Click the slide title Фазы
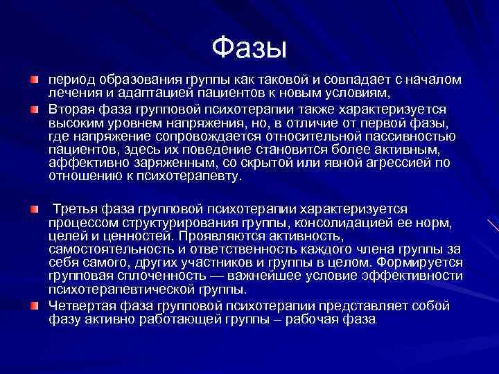(249, 48)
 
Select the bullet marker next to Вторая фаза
(34, 109)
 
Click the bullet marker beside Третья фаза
(34, 208)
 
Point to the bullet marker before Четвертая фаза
(34, 305)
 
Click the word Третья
(77, 208)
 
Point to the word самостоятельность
(106, 249)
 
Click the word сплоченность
(156, 276)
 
